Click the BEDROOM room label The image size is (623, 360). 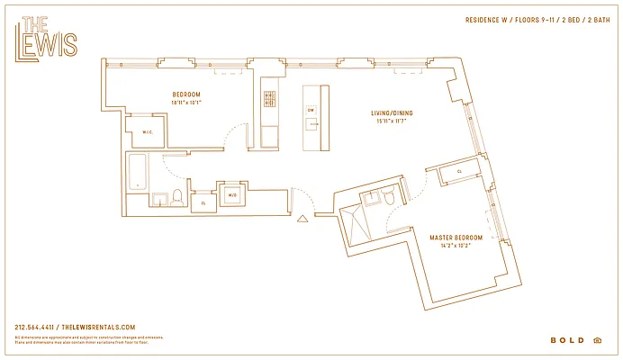click(x=186, y=94)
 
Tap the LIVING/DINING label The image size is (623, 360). click(x=392, y=113)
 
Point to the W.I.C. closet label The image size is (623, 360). click(x=149, y=133)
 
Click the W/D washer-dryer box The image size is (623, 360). click(x=231, y=194)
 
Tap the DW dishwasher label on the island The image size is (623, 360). click(x=311, y=110)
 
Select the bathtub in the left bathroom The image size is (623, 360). click(x=139, y=171)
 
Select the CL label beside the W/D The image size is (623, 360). click(x=203, y=203)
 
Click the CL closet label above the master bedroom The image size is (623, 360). click(x=459, y=170)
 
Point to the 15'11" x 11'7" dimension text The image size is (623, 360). click(x=392, y=121)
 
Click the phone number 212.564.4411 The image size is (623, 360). click(x=35, y=327)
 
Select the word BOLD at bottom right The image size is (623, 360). click(x=566, y=340)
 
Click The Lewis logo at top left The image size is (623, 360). click(x=47, y=37)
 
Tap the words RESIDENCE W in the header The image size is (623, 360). click(x=487, y=19)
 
